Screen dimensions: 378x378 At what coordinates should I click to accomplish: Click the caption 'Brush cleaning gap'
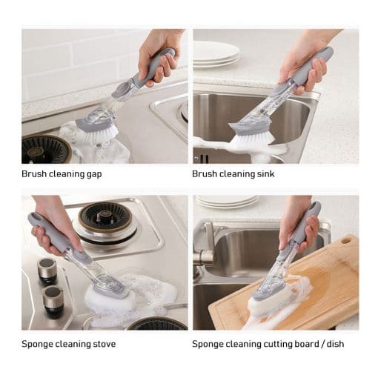[x=62, y=174]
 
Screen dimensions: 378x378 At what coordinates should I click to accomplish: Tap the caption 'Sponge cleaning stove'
[x=68, y=344]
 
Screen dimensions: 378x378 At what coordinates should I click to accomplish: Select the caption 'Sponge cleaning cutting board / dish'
[x=268, y=344]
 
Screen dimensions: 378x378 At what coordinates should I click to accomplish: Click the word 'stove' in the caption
[x=105, y=344]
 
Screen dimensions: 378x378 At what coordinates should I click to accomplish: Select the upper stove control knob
[x=47, y=268]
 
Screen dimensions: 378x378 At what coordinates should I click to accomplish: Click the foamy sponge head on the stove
[x=111, y=298]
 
